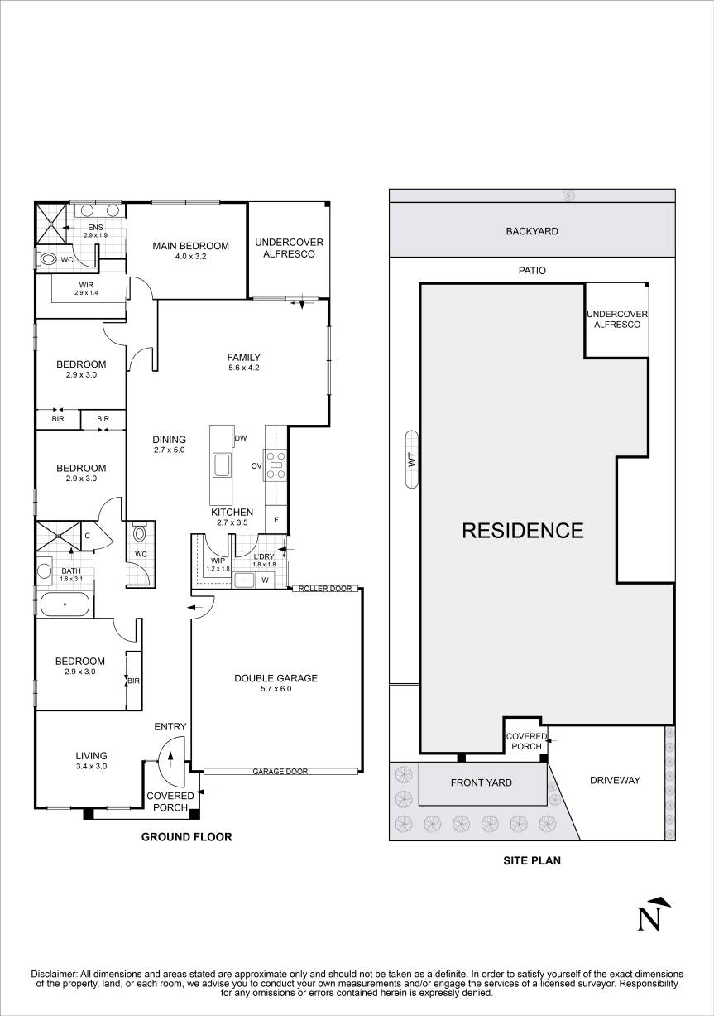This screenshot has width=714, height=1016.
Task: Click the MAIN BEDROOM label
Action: click(190, 246)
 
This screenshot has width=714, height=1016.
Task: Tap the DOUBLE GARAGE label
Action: click(276, 678)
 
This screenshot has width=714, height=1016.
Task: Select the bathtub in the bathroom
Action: click(65, 604)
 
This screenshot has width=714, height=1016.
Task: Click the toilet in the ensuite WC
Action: click(46, 259)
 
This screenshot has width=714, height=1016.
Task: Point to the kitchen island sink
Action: click(222, 465)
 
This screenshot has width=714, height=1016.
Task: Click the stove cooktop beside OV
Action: click(276, 465)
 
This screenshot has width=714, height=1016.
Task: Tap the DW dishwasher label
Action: click(240, 438)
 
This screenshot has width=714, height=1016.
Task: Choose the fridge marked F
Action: click(276, 520)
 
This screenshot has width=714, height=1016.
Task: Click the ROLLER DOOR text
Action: click(325, 589)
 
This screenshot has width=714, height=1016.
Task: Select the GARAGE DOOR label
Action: click(280, 771)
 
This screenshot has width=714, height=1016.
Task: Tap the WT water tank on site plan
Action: click(412, 460)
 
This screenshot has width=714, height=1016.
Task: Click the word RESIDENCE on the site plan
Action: click(523, 531)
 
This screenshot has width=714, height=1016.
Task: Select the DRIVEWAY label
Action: click(615, 780)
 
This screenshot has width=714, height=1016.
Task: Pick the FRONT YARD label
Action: click(481, 782)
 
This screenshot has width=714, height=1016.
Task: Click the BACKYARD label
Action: click(532, 231)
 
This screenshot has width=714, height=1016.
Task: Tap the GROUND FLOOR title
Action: click(186, 837)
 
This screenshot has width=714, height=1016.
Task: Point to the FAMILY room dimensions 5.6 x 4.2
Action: click(244, 368)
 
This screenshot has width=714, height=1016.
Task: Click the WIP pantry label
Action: click(218, 561)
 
